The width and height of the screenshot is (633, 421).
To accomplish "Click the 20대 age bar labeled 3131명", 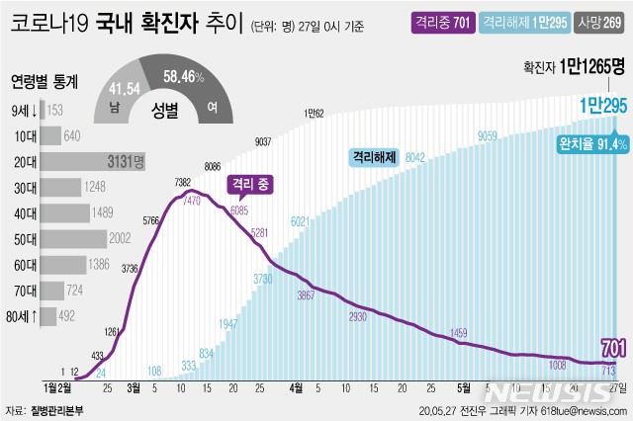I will [x=79, y=162].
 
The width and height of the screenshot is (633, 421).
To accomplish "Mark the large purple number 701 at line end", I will [x=614, y=347].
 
